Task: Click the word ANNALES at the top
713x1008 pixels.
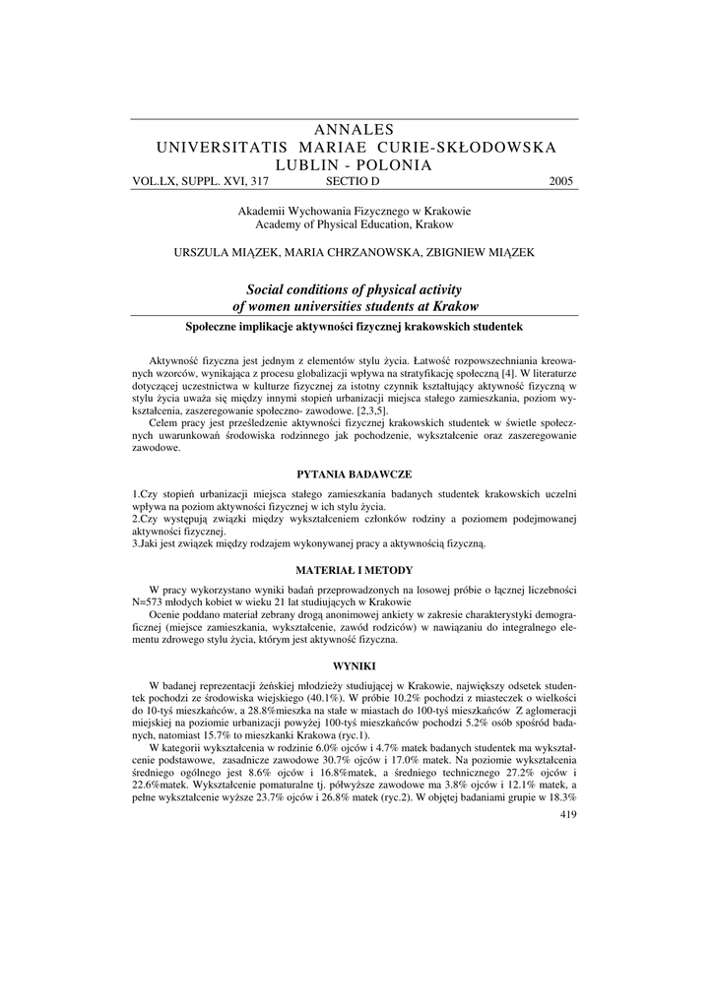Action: [x=356, y=129]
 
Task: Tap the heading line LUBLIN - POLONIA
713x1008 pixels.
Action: [x=356, y=165]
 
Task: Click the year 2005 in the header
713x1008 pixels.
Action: [x=559, y=182]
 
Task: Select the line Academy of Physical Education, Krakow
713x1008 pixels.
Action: [x=356, y=225]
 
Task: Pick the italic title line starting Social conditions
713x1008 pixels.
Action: [x=356, y=290]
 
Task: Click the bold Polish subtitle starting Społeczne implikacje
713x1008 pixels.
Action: [x=356, y=326]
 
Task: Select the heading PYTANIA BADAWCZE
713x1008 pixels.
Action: [x=356, y=475]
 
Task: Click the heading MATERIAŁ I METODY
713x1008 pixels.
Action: [x=356, y=570]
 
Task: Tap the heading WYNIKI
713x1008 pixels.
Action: [x=356, y=666]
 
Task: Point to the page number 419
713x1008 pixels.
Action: [x=567, y=815]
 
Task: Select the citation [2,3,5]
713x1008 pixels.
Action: [x=372, y=411]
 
